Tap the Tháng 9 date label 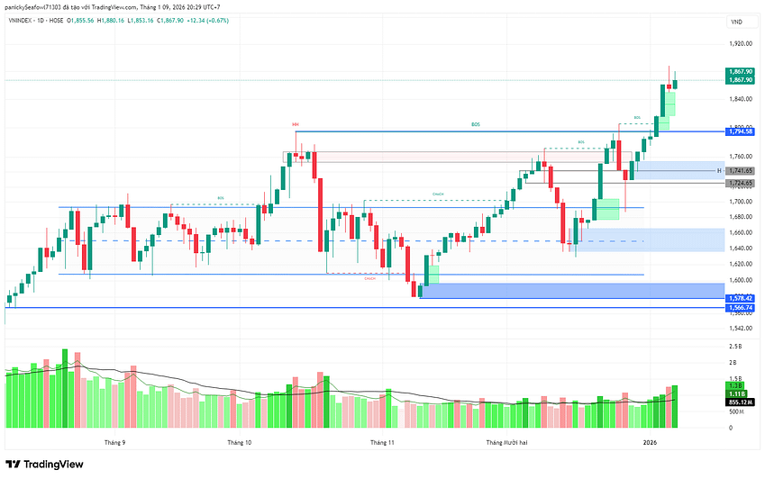(x=114, y=442)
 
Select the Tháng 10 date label (x=240, y=442)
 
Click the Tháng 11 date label (x=382, y=442)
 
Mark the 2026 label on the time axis (x=651, y=442)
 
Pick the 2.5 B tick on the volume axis (x=735, y=346)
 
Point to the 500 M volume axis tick (x=735, y=411)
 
